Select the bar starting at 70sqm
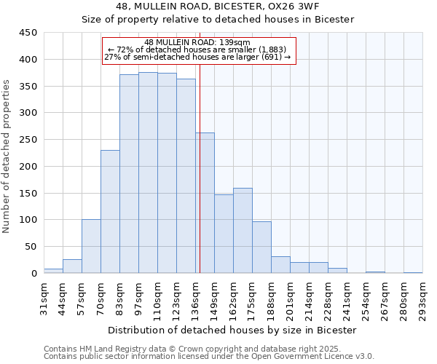click(110, 212)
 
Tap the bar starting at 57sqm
click(91, 246)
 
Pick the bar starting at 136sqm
click(205, 203)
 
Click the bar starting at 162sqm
click(243, 231)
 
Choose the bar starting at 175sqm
click(261, 248)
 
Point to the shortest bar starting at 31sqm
click(53, 271)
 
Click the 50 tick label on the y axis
click(31, 247)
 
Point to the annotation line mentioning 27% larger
click(197, 56)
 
